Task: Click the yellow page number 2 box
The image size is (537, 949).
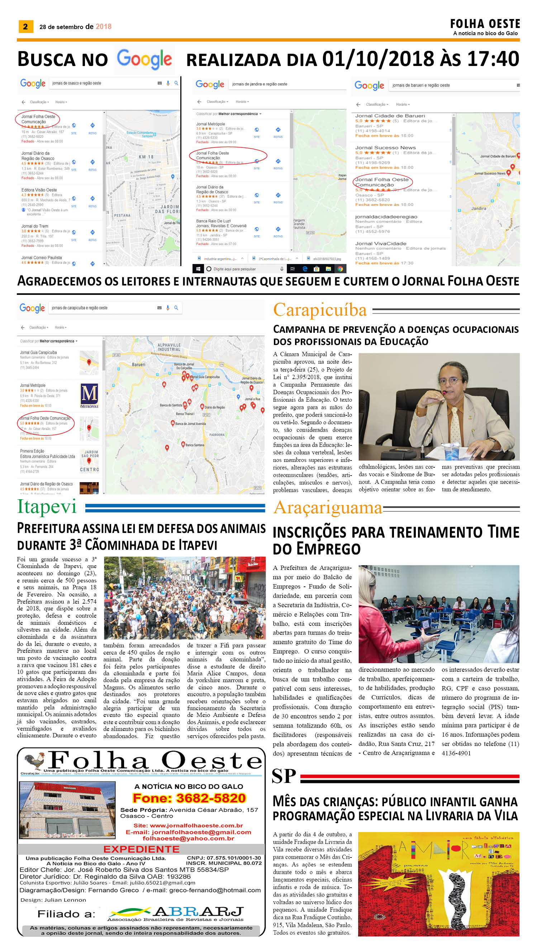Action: click(25, 27)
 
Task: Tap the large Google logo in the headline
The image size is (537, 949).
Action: click(144, 59)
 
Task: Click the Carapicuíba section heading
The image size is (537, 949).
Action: click(320, 310)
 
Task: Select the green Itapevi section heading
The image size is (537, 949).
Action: click(47, 507)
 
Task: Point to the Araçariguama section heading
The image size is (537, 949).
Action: click(328, 508)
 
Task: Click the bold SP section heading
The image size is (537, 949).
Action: click(284, 776)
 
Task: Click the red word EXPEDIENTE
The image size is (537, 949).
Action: click(141, 849)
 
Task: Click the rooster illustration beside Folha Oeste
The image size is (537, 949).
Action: click(34, 760)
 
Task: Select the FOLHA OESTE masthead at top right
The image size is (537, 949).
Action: click(485, 24)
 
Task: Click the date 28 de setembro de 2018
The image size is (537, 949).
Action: click(75, 27)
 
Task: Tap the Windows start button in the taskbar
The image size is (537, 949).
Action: click(198, 269)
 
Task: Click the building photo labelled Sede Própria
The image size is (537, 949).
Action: click(67, 809)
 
